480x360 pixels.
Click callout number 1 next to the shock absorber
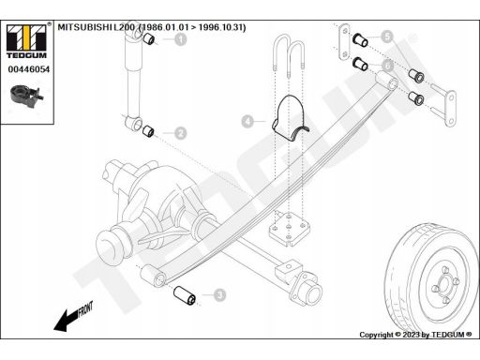tap(180, 39)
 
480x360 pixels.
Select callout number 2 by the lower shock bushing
tap(181, 133)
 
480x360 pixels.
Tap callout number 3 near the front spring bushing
tap(220, 294)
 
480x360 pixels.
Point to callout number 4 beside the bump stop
tap(247, 121)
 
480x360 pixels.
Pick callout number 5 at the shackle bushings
tap(387, 37)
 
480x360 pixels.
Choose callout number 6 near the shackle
tap(387, 66)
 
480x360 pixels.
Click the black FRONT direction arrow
tap(73, 316)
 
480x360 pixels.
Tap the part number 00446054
tap(29, 69)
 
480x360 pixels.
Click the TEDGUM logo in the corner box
tap(27, 41)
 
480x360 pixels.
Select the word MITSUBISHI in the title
tap(85, 27)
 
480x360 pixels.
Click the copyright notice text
tap(415, 335)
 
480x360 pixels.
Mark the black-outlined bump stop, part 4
tap(290, 119)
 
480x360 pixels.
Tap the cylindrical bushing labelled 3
tap(185, 294)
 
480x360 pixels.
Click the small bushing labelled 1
tap(149, 39)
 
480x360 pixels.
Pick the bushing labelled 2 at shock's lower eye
tap(148, 131)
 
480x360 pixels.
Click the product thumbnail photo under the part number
tap(27, 97)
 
